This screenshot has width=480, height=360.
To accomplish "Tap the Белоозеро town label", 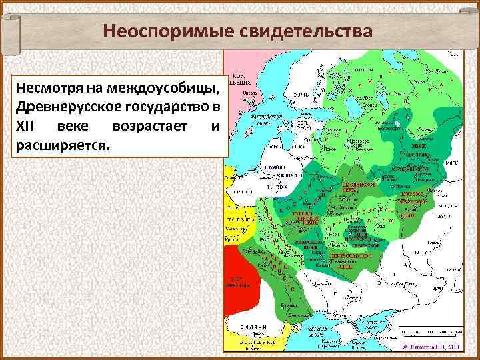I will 391,127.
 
